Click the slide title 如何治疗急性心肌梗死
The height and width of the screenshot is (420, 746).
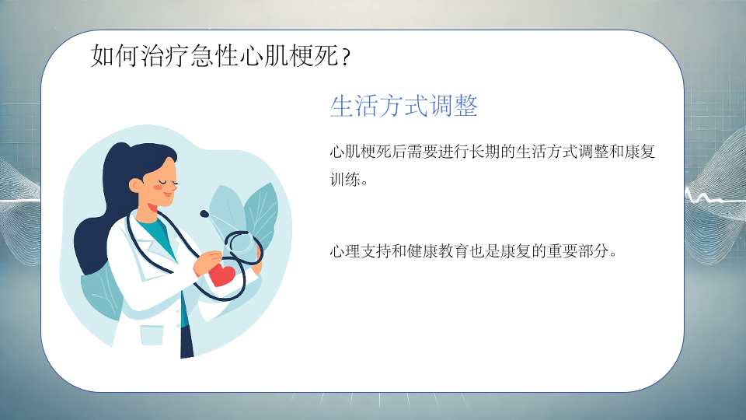coord(214,56)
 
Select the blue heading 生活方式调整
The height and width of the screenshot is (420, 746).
coord(403,106)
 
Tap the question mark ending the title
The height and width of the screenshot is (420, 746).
coord(346,57)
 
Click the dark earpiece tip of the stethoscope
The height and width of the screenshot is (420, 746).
coord(204,214)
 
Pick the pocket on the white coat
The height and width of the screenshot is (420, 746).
coord(152,335)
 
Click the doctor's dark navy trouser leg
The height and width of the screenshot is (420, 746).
coord(187,339)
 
